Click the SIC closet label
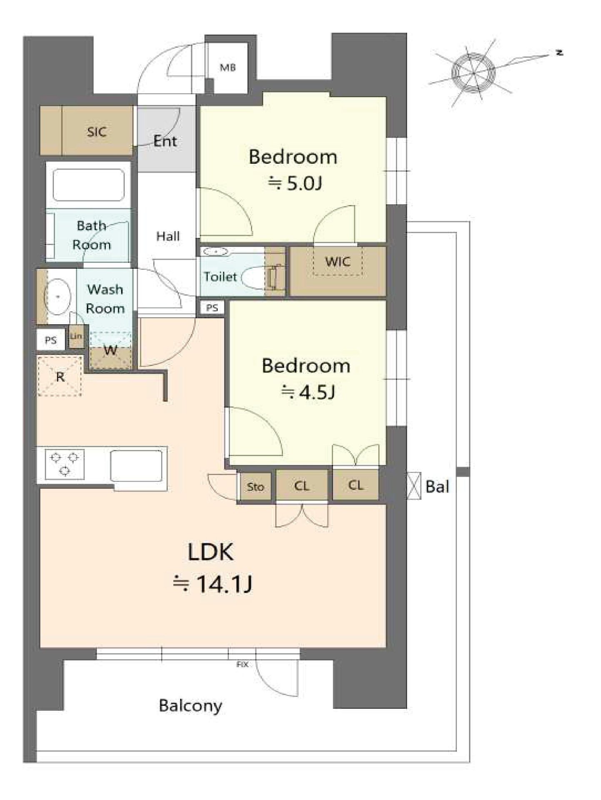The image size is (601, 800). pos(97,132)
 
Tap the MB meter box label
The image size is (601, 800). pos(228,67)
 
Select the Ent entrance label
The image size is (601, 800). pos(165,141)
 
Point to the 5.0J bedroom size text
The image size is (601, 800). pos(296,183)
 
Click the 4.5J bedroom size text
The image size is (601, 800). pos(309,392)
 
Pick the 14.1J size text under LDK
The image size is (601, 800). pos(212,584)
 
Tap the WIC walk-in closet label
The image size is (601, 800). pos(338,262)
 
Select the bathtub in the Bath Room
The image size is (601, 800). pos(89,185)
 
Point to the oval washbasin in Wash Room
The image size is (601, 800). pos(58,296)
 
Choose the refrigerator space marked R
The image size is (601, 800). pos(60,376)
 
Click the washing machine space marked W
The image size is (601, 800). pos(111,350)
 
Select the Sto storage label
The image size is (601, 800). pos(255,487)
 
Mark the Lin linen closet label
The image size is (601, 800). pos(76,336)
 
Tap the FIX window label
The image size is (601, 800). pos(242,665)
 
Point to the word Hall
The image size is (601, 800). pos(168,237)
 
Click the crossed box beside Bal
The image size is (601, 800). pos(414,485)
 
